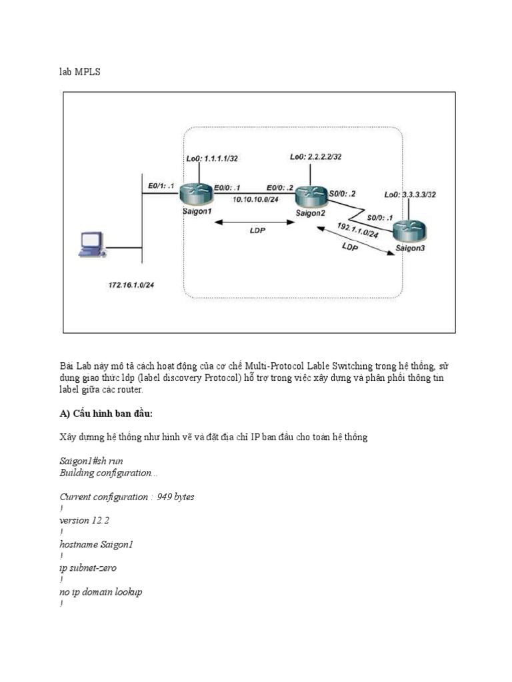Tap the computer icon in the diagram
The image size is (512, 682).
91,244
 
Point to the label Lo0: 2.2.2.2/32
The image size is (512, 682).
316,157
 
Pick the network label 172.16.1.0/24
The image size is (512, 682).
136,285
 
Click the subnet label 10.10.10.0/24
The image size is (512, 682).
256,199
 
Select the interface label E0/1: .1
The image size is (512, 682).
161,186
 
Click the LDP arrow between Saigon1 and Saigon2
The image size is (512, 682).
254,224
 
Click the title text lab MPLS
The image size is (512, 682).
80,72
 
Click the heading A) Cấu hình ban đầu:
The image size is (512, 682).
107,414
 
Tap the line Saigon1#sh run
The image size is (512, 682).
91,461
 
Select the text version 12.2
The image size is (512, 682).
84,520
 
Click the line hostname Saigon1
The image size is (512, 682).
97,544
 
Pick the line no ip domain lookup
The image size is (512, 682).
101,592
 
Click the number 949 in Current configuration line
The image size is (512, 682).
165,497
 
